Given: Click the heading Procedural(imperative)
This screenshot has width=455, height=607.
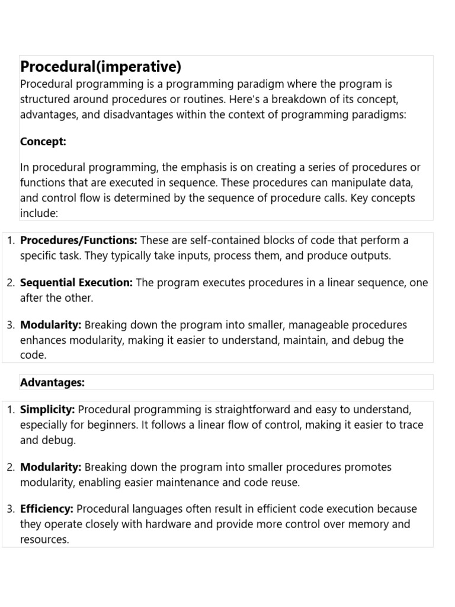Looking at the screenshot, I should click(101, 66).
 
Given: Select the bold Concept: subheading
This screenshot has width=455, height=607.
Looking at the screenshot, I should click(43, 141).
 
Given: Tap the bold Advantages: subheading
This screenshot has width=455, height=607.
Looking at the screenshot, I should click(53, 382).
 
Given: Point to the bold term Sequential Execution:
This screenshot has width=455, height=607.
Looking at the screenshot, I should click(76, 283).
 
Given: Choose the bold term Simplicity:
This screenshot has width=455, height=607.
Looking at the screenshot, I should click(47, 410).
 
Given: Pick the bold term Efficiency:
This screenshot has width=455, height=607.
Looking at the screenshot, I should click(47, 509).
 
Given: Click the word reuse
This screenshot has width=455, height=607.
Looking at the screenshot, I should click(285, 483).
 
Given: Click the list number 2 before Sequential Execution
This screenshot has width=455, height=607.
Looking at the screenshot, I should click(11, 283).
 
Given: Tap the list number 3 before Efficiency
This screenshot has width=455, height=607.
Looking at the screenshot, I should click(11, 509).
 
